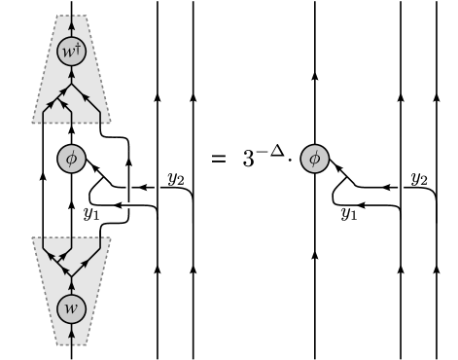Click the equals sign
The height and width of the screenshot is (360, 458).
pos(220,158)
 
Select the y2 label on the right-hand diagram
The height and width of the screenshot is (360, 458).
pos(418,178)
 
